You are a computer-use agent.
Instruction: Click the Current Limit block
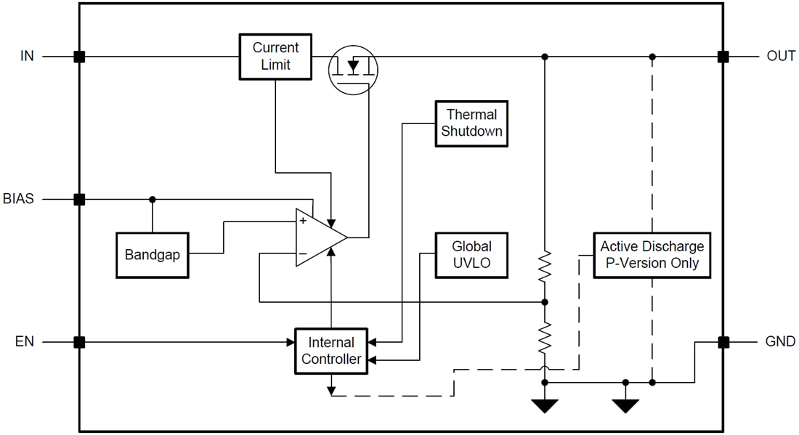[275, 56]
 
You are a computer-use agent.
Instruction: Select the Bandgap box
[152, 255]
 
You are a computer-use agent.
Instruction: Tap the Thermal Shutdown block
[471, 123]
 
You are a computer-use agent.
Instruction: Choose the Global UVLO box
[471, 255]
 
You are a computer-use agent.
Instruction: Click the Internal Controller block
[331, 351]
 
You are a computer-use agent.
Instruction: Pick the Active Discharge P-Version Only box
[652, 255]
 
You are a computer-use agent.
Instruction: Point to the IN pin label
[27, 56]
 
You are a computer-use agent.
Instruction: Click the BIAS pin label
[19, 199]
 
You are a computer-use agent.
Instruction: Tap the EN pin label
[25, 341]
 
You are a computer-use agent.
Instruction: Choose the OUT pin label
[781, 56]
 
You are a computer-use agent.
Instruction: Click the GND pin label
[780, 341]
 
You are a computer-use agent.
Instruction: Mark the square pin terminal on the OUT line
[723, 56]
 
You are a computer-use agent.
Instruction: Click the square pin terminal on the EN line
[79, 341]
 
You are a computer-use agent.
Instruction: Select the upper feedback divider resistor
[545, 267]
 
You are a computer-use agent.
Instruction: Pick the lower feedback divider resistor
[545, 338]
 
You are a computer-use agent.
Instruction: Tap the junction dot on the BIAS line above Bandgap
[152, 199]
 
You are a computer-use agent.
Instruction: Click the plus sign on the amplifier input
[302, 221]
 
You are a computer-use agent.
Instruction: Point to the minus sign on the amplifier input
[302, 253]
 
